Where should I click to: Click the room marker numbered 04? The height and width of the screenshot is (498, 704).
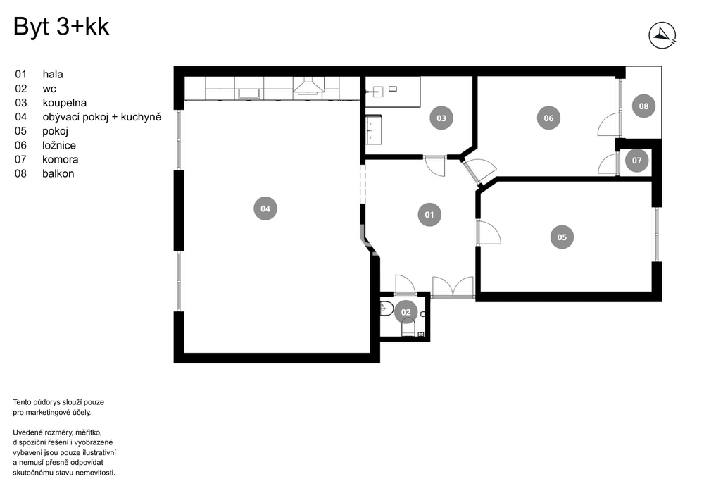point(265,208)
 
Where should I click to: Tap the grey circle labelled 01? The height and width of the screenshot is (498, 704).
point(429,215)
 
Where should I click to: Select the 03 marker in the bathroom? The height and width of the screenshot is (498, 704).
point(441,118)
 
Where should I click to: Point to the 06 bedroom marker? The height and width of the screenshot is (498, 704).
point(548,118)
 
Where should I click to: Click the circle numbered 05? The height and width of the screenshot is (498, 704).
point(562,237)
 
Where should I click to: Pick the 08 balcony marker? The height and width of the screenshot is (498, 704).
point(643,106)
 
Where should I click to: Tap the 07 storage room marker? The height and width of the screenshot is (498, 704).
point(636,161)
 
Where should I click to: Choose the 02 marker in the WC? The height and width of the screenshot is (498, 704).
point(406,312)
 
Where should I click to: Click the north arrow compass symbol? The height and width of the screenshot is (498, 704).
point(662,35)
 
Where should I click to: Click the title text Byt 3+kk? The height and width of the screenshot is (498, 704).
point(61,27)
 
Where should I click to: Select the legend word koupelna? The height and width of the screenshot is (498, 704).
point(65,103)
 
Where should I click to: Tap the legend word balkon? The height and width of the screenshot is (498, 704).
point(58,173)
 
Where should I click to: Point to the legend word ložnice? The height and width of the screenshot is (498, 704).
point(59,145)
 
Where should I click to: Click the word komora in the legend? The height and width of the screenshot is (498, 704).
point(60,159)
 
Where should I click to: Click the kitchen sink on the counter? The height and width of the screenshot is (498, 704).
point(249,93)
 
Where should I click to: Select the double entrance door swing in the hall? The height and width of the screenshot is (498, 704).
point(453,287)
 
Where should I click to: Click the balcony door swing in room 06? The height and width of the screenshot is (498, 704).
point(609,125)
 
